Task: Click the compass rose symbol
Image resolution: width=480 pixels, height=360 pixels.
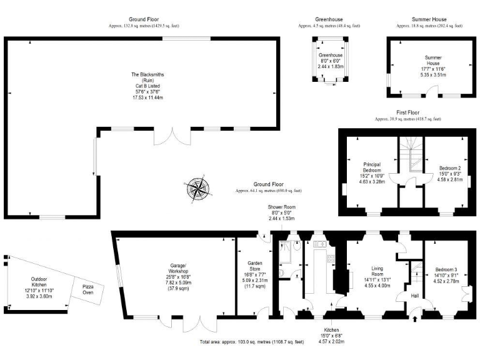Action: [197, 189]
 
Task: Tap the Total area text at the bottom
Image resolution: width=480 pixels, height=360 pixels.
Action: [252, 342]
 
